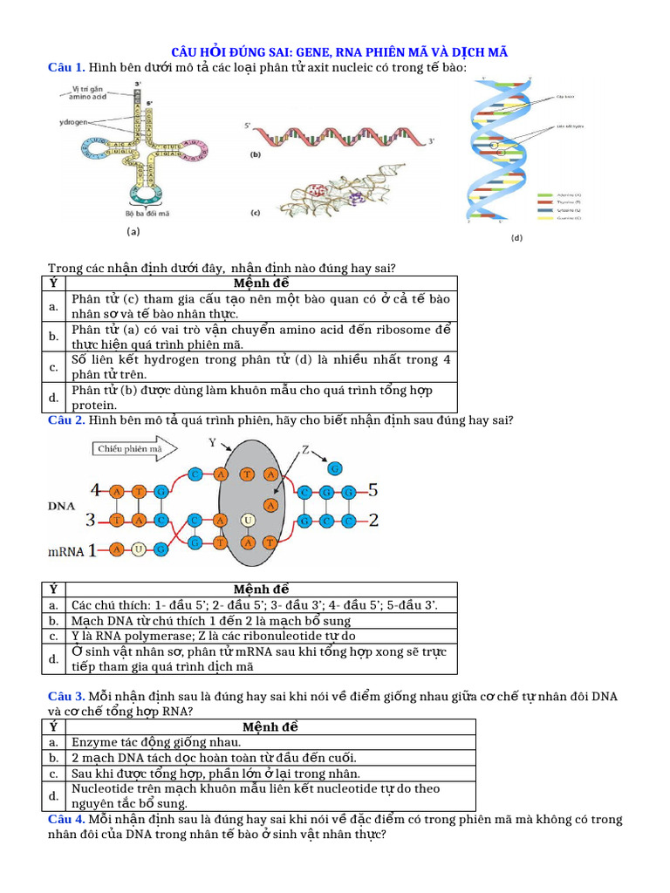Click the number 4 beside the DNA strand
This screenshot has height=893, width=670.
coord(95,490)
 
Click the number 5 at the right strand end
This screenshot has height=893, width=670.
coord(373,490)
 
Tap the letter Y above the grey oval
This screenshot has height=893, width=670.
coord(212,442)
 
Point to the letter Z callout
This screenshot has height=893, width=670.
coord(306,450)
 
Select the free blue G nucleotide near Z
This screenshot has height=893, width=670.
coord(335,468)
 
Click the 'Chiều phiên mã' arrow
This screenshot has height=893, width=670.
coord(135,449)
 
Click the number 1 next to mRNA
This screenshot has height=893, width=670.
coord(91,550)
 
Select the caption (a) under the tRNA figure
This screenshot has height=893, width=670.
coord(133,232)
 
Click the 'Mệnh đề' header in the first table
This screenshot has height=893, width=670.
coord(262,283)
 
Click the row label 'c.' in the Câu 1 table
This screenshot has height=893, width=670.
coord(53,366)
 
